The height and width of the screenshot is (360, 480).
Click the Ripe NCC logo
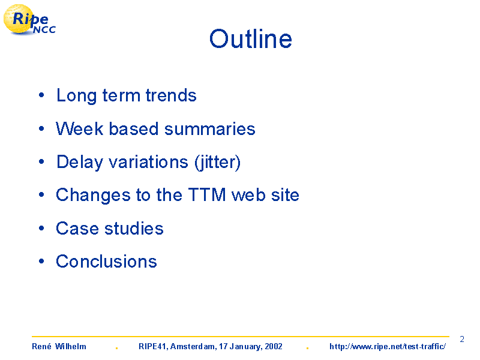29,20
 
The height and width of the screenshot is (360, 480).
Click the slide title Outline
251,39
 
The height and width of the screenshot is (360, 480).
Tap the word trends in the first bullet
171,95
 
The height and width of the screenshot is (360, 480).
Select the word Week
80,128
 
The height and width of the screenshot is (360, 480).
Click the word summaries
209,128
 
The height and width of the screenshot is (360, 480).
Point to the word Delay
80,162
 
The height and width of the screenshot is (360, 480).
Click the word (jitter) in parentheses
218,162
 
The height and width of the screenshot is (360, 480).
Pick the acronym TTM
207,194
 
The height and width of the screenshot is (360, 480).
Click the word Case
77,229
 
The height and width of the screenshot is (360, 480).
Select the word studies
134,229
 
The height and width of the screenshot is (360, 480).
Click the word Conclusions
106,262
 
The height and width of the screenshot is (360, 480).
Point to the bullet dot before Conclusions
41,261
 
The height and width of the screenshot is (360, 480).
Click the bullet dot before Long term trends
41,95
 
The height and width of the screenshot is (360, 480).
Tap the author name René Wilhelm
59,347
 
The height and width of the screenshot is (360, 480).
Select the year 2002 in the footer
274,347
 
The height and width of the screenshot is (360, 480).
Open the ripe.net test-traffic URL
388,347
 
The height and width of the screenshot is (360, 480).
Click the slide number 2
462,339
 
